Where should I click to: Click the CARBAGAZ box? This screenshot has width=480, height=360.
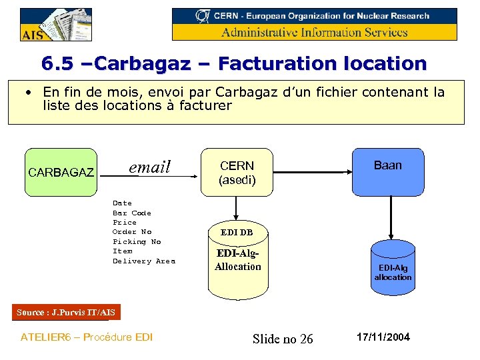point(60,172)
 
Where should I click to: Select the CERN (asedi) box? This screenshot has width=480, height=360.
point(237,172)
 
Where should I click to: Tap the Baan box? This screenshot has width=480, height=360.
point(387,172)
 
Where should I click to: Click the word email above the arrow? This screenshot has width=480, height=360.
point(149,167)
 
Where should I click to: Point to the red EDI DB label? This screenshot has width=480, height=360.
point(237,233)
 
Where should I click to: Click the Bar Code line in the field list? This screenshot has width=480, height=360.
point(132,213)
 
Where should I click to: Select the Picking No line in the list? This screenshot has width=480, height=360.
point(137,241)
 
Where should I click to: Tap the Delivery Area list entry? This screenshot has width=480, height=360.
point(143,261)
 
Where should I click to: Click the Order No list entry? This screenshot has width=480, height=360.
point(132,231)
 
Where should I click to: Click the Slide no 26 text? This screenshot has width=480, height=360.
point(283,339)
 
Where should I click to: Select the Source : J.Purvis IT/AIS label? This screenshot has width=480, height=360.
point(66,312)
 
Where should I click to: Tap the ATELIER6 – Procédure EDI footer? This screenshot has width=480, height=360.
point(87,337)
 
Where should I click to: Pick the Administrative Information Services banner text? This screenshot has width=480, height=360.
point(315,32)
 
